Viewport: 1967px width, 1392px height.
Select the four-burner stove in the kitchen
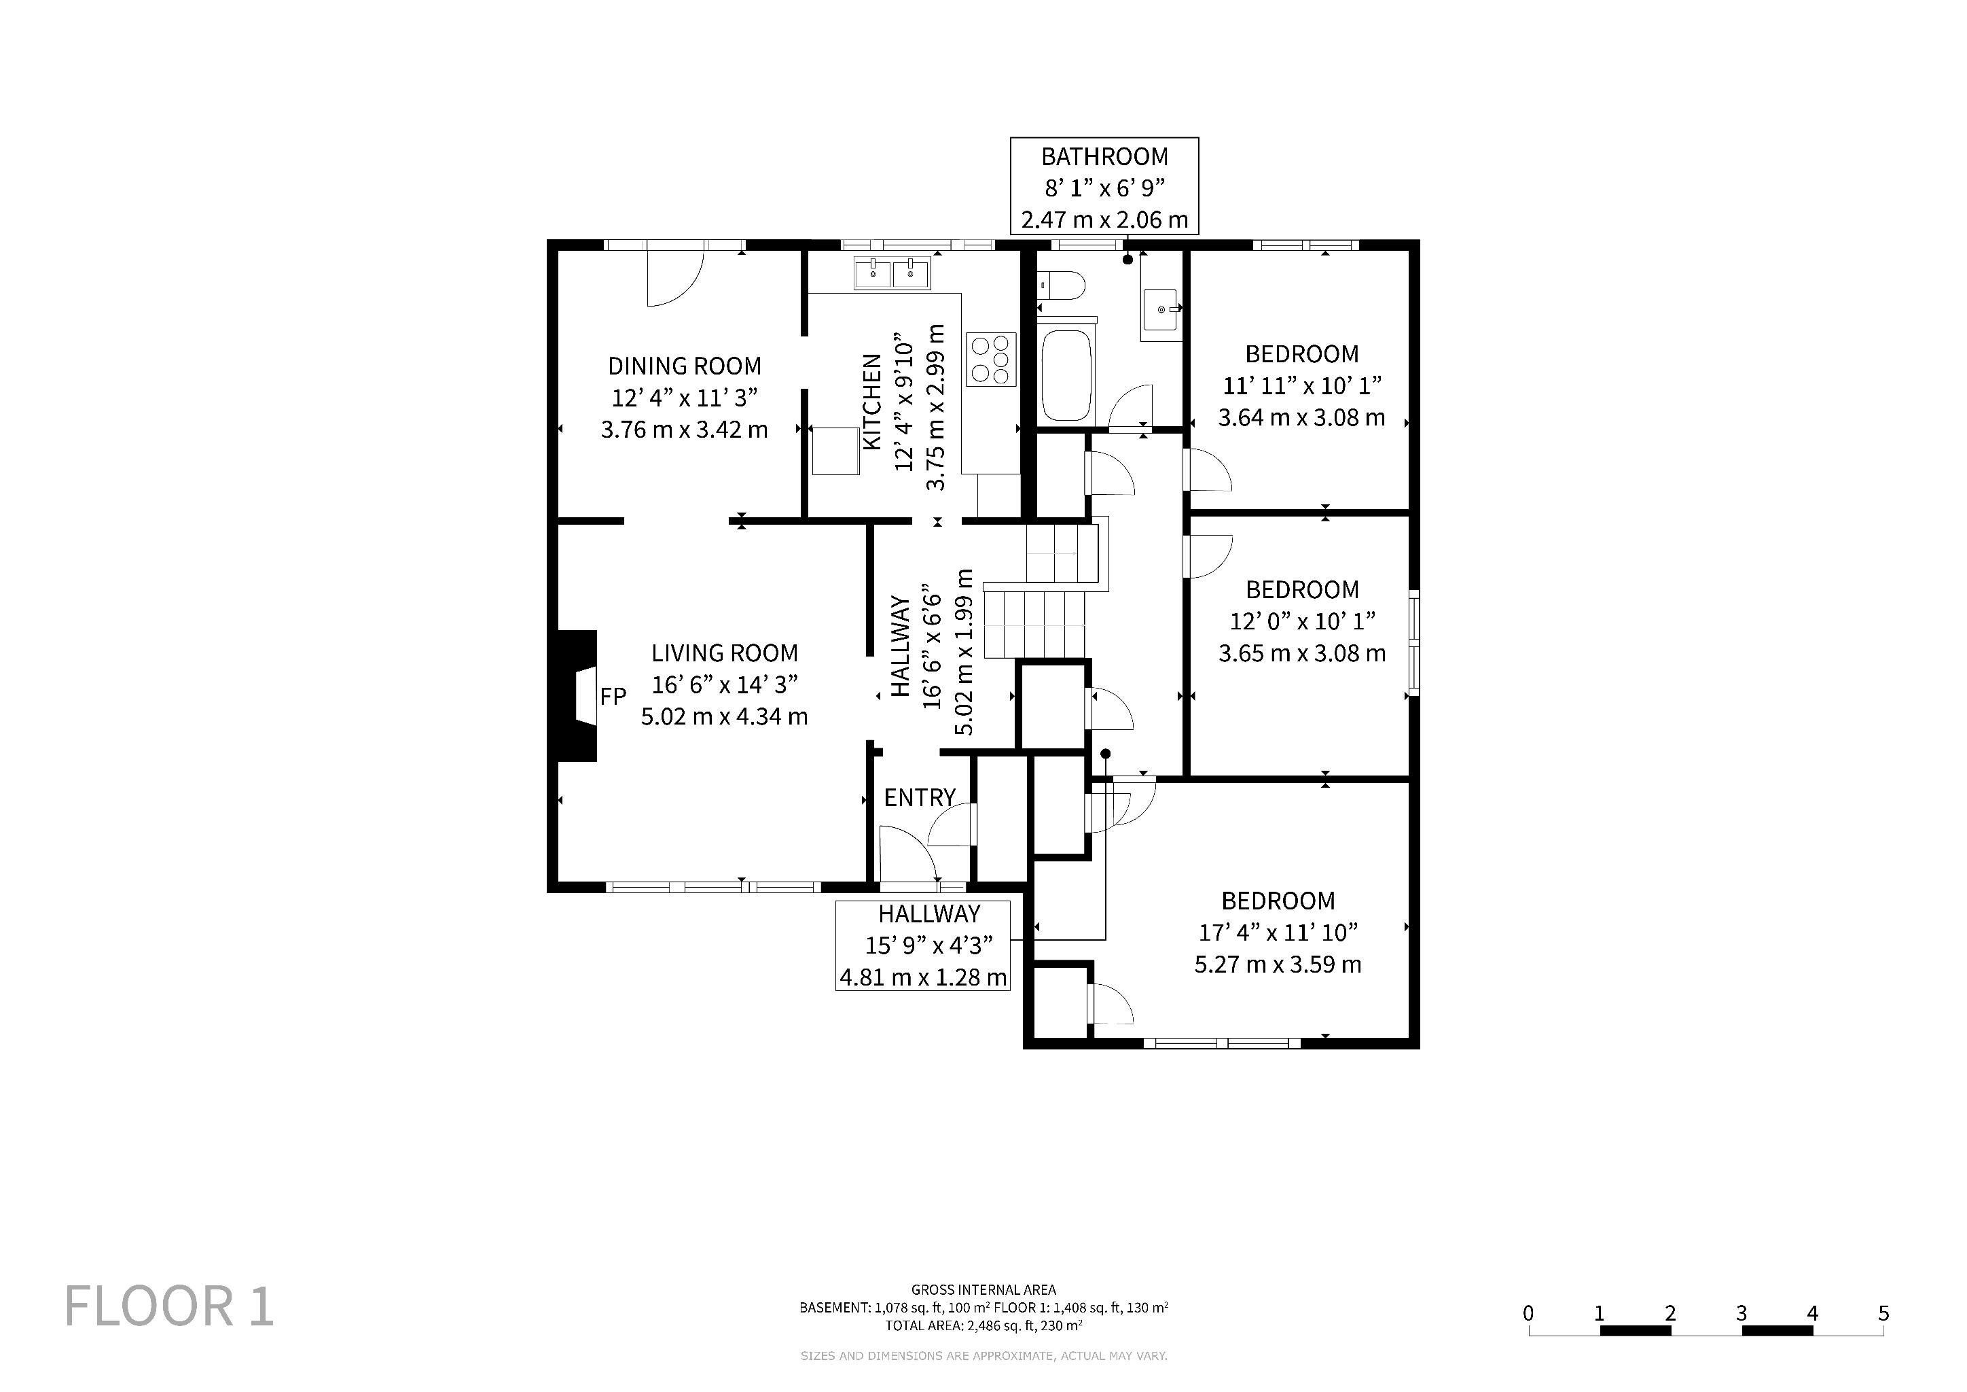pos(991,359)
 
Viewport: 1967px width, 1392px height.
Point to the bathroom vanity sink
pos(1160,309)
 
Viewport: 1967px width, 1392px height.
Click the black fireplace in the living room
pos(577,697)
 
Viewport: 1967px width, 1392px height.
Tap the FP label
pos(613,697)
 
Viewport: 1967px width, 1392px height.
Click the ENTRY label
pos(919,798)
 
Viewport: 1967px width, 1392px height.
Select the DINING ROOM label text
pos(685,366)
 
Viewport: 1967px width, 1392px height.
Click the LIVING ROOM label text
pos(725,653)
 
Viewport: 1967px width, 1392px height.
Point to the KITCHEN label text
pos(872,401)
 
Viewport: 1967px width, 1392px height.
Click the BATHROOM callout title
pos(1104,157)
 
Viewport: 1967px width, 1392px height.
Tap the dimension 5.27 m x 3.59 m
pos(1278,964)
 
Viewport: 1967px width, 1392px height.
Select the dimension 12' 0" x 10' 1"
pos(1302,621)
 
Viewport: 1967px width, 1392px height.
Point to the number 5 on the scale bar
pos(1883,1313)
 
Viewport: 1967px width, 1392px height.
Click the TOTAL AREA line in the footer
pos(983,1325)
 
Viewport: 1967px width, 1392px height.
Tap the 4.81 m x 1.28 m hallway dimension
pos(922,977)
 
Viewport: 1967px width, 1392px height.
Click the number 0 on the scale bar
pos(1528,1313)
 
